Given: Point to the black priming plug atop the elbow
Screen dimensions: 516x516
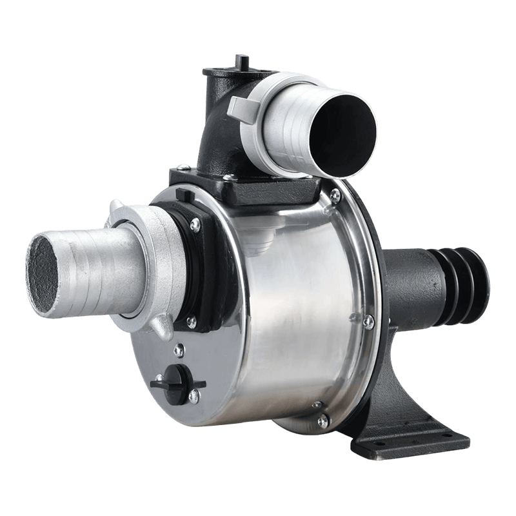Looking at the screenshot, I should coord(243,61).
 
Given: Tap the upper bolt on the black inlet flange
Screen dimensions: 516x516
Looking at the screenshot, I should coord(193,224).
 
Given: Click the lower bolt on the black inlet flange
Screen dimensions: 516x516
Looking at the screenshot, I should coord(192,321).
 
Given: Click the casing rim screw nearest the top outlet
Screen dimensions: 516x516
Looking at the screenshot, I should coord(335,195).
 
